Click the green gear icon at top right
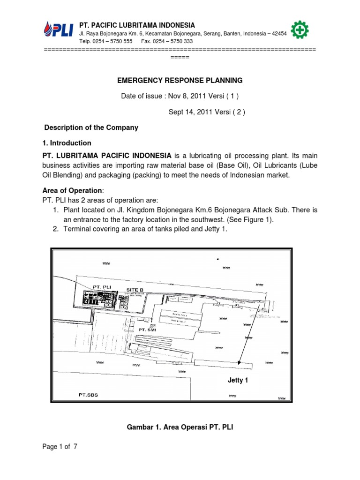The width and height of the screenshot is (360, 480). (299, 30)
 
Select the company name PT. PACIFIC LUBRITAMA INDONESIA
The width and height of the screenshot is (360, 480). (137, 25)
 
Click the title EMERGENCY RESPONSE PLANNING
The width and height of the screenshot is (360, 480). (180, 80)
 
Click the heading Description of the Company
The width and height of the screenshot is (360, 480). (91, 127)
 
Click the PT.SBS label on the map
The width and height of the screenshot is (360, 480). (88, 395)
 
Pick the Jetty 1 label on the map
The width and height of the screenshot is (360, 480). (238, 380)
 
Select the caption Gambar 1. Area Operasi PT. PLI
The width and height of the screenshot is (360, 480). (180, 427)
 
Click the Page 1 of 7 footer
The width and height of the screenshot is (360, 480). (60, 447)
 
